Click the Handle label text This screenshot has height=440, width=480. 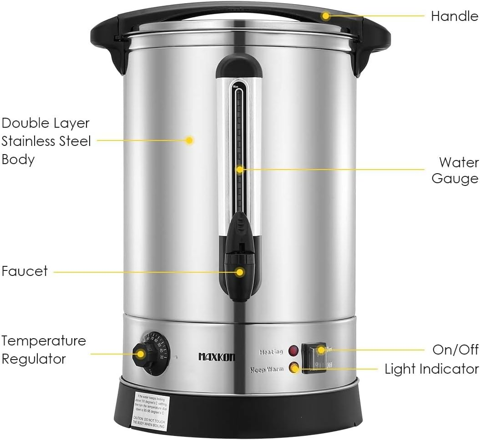click(454, 16)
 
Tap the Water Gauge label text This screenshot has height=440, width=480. click(455, 170)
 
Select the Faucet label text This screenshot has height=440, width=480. click(25, 271)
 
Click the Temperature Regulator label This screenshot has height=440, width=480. click(43, 350)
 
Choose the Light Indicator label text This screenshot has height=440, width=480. click(431, 369)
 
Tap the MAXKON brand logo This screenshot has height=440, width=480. click(217, 357)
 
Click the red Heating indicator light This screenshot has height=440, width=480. click(293, 351)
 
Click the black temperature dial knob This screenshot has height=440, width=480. click(141, 354)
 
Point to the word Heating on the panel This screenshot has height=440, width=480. click(271, 352)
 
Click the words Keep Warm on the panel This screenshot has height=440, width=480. click(267, 370)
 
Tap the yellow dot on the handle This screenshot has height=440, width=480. click(325, 16)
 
